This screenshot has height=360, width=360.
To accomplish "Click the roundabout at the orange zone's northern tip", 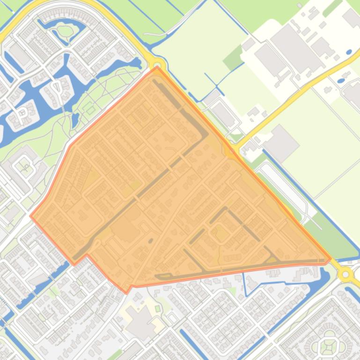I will tap(157, 65).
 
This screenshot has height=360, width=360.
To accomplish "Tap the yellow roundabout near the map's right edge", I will tap(346, 274).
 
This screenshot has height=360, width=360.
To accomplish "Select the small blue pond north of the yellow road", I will tap(349, 52).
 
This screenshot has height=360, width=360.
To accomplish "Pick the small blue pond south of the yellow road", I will tap(341, 80).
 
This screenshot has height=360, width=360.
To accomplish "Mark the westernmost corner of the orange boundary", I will tap(31, 216).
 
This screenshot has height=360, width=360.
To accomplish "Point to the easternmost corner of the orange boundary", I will tap(331, 258).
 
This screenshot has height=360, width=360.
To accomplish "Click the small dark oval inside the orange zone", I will tap(151, 241).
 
